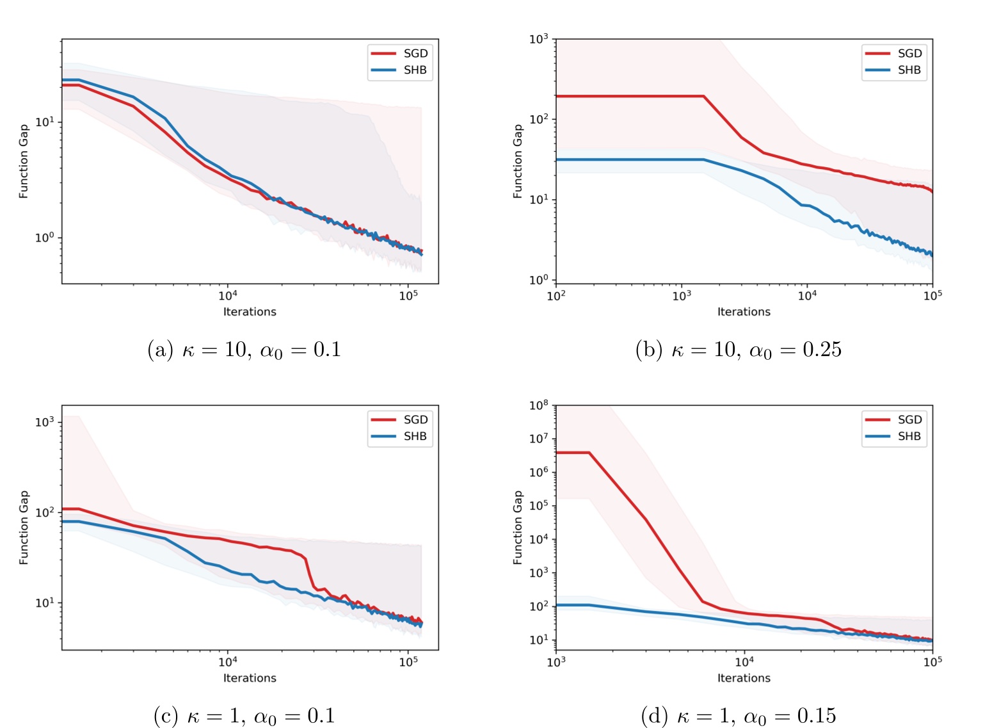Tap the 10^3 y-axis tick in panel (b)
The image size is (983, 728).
tap(539, 40)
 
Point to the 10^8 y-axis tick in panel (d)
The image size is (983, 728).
tap(539, 405)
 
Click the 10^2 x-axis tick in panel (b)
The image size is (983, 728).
tap(556, 295)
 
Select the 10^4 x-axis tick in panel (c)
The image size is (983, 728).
tap(228, 662)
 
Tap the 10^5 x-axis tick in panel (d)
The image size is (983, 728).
tap(932, 662)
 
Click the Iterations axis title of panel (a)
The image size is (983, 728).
tap(250, 312)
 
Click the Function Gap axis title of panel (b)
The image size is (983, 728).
tap(518, 161)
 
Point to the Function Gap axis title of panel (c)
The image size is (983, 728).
tap(24, 527)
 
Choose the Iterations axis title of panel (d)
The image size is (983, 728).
tap(744, 678)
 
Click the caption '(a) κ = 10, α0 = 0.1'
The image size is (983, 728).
tap(244, 350)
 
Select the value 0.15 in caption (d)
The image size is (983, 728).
tap(817, 715)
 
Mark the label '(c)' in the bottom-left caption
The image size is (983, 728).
tap(166, 715)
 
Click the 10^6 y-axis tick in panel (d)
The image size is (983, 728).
tap(539, 473)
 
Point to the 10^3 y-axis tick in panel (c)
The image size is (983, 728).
tap(45, 422)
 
